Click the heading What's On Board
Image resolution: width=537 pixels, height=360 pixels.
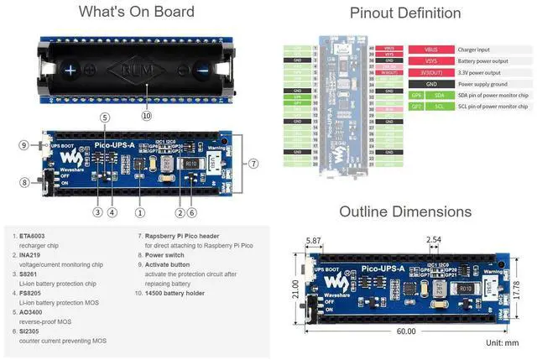pyautogui.click(x=136, y=12)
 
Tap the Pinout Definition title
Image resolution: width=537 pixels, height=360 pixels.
pyautogui.click(x=404, y=13)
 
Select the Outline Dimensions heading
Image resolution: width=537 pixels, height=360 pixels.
pyautogui.click(x=405, y=211)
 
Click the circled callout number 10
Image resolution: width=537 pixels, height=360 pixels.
pyautogui.click(x=147, y=116)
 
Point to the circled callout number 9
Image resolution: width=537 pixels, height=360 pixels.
pyautogui.click(x=23, y=145)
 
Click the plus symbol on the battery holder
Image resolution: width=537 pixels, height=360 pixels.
pyautogui.click(x=71, y=71)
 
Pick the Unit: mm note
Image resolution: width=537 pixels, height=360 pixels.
pyautogui.click(x=502, y=343)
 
